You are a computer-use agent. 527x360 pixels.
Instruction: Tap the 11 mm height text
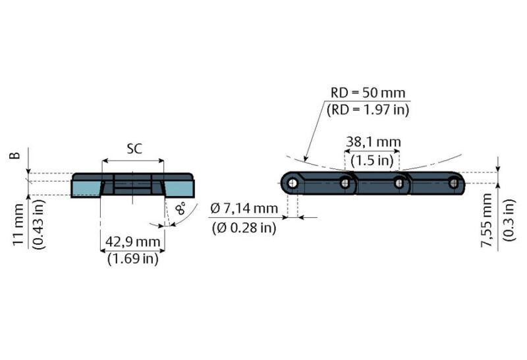pyautogui.click(x=18, y=224)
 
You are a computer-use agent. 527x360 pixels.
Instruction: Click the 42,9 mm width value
pyautogui.click(x=132, y=242)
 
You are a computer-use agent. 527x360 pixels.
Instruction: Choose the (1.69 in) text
pyautogui.click(x=132, y=259)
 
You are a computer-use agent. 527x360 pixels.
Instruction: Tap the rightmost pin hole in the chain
pyautogui.click(x=453, y=184)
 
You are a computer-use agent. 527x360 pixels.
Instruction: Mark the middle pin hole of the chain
pyautogui.click(x=399, y=184)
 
